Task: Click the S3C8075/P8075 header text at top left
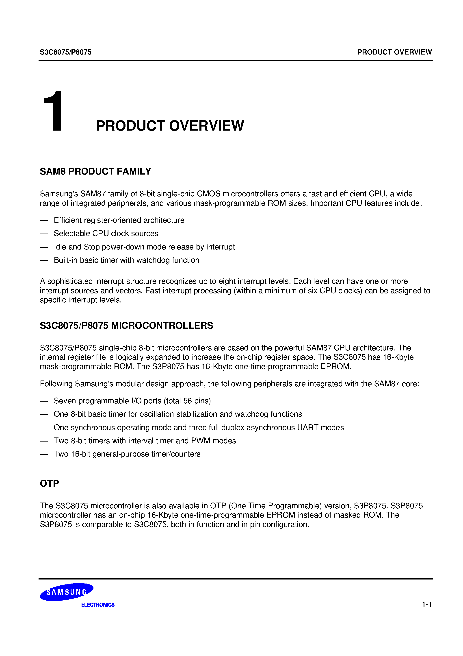tap(66, 52)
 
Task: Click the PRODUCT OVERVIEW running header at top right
tap(394, 52)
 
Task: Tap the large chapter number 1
tap(53, 112)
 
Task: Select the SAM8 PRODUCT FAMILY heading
tap(95, 171)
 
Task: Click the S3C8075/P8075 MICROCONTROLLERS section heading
tap(126, 326)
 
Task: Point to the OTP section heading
tap(49, 483)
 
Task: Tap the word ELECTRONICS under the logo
tap(98, 605)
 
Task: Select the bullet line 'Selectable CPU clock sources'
tap(106, 233)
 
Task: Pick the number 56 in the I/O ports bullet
tap(188, 401)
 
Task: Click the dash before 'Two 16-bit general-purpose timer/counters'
tap(44, 454)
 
